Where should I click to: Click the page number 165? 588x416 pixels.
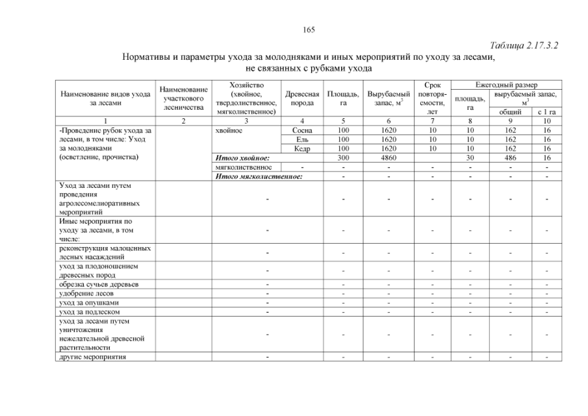(309, 29)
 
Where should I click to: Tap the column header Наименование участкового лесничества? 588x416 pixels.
(184, 98)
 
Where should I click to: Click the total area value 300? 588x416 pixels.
(344, 157)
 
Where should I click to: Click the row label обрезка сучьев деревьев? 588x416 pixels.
(98, 284)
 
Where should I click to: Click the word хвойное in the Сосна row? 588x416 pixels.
(229, 130)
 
